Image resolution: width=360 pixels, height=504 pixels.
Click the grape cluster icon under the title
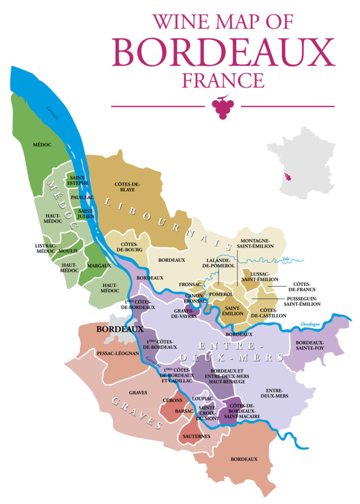pyautogui.click(x=223, y=107)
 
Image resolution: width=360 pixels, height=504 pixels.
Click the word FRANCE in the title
pyautogui.click(x=223, y=80)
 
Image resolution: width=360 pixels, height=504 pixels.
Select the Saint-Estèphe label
pyautogui.click(x=79, y=180)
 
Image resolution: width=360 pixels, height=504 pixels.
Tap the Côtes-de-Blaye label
pyautogui.click(x=128, y=187)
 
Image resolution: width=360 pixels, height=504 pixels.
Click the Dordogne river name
pyautogui.click(x=310, y=324)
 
